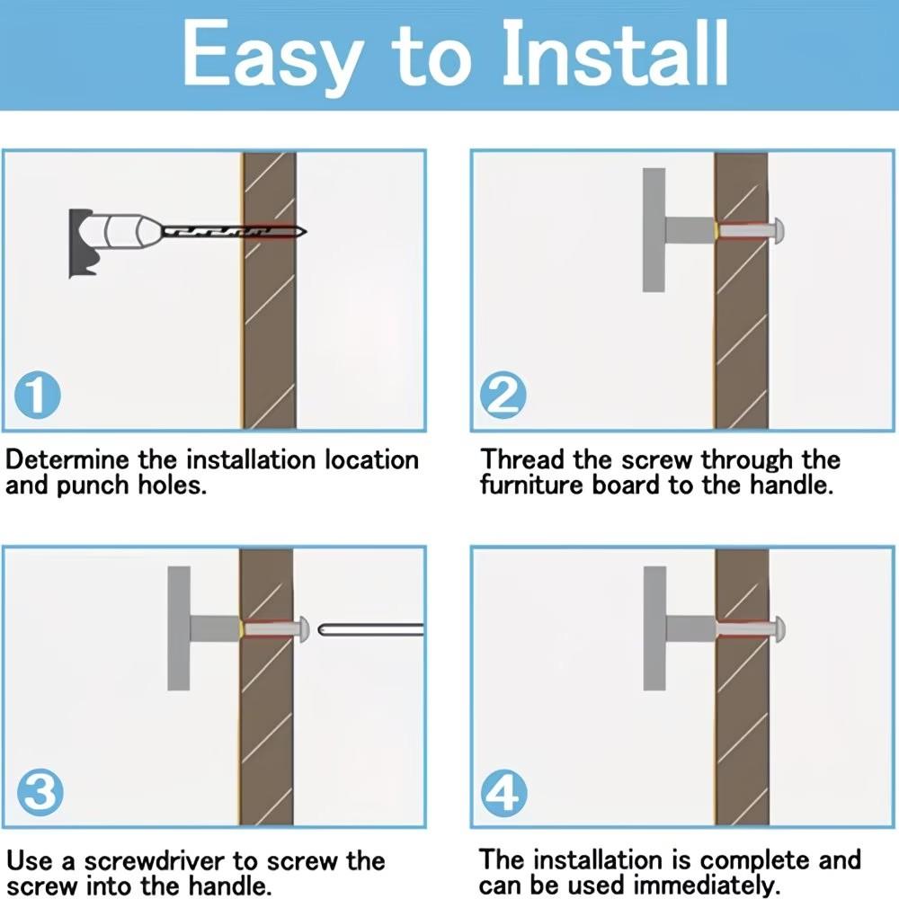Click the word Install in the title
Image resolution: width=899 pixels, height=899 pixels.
click(615, 53)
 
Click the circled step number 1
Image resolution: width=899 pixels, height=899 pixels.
click(37, 395)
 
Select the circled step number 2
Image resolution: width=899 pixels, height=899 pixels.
click(503, 395)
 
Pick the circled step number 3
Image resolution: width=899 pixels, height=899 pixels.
click(40, 793)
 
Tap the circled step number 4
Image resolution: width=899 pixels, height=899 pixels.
click(503, 793)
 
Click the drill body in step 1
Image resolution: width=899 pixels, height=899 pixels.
click(111, 241)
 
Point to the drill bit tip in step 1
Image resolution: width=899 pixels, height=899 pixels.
click(306, 232)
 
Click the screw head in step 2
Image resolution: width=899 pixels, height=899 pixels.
click(778, 231)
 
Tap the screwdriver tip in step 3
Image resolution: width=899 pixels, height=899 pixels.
click(320, 630)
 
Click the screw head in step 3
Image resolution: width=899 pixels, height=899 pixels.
click(303, 629)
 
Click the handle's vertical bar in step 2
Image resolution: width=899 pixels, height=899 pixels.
click(654, 230)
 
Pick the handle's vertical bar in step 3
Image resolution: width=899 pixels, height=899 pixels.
click(178, 628)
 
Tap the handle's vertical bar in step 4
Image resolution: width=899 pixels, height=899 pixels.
click(654, 628)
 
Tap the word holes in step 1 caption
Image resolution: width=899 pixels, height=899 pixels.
click(172, 485)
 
